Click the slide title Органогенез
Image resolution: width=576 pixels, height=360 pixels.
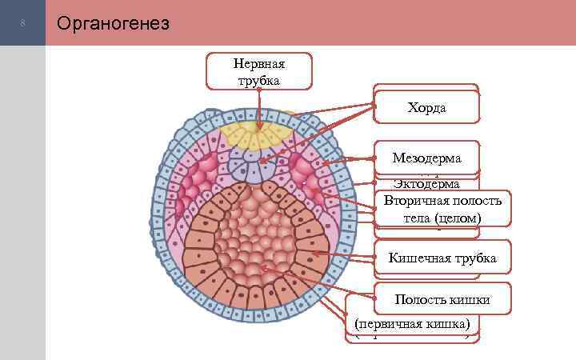pos(112,23)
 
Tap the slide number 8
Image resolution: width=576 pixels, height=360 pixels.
pos(23,23)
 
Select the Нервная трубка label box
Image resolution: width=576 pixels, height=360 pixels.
pos(258,70)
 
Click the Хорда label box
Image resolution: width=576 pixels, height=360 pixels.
pos(427,106)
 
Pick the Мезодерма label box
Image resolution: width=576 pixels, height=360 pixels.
pos(427,157)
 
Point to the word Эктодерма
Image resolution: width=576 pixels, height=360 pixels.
pos(427,184)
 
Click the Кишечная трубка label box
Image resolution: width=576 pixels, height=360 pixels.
pos(442,258)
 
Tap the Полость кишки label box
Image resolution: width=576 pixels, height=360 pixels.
pos(442,299)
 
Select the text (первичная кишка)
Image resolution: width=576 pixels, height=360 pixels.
pos(415,324)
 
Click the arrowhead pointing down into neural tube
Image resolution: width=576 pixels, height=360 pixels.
pos(258,126)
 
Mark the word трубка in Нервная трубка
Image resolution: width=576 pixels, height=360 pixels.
pos(258,79)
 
